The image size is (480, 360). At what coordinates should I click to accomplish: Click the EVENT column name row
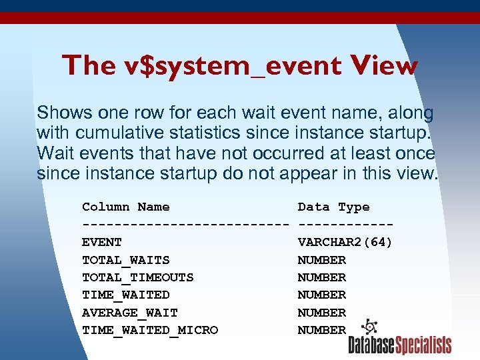102,242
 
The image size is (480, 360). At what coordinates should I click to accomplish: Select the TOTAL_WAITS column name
125,260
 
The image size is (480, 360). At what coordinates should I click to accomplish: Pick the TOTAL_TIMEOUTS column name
137,277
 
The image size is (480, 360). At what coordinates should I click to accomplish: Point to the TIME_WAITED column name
125,295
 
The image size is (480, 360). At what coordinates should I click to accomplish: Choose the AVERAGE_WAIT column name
129,312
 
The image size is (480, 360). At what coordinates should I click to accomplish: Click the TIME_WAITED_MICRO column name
149,330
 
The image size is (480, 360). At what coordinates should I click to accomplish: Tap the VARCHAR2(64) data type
345,242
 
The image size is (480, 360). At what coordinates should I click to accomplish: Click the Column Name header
125,207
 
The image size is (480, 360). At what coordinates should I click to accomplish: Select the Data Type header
333,207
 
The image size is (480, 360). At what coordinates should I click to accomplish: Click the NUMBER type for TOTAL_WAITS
321,260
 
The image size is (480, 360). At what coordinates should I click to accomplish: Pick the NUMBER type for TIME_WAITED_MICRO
321,330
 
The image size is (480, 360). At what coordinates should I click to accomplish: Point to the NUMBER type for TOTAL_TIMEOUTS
321,277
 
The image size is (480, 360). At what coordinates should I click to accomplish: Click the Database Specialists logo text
399,345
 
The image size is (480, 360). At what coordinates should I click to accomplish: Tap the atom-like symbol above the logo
369,327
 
